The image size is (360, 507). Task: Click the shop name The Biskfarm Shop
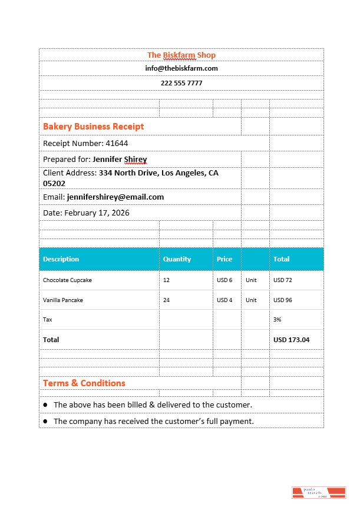click(x=181, y=55)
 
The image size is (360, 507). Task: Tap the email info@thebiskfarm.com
click(x=181, y=68)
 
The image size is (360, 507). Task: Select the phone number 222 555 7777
click(x=181, y=83)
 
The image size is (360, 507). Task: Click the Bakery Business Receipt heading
click(x=93, y=127)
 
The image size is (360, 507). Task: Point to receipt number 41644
click(x=117, y=143)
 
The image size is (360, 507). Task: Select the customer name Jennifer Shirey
click(x=120, y=159)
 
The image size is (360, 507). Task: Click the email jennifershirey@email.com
click(x=115, y=197)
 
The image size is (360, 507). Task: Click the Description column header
click(x=61, y=259)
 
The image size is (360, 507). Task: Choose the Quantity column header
click(x=177, y=259)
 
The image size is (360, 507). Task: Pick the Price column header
click(x=224, y=259)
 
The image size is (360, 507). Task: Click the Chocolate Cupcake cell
click(x=67, y=280)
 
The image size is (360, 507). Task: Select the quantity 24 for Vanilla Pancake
click(x=167, y=300)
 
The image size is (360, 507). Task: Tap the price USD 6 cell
click(x=224, y=280)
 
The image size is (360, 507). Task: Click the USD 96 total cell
click(x=283, y=300)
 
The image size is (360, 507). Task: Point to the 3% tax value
click(x=277, y=319)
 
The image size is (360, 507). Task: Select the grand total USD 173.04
click(x=291, y=340)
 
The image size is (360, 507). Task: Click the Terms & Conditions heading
click(x=84, y=383)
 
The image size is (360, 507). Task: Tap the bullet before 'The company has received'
click(x=45, y=422)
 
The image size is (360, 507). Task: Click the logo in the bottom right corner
click(x=318, y=493)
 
